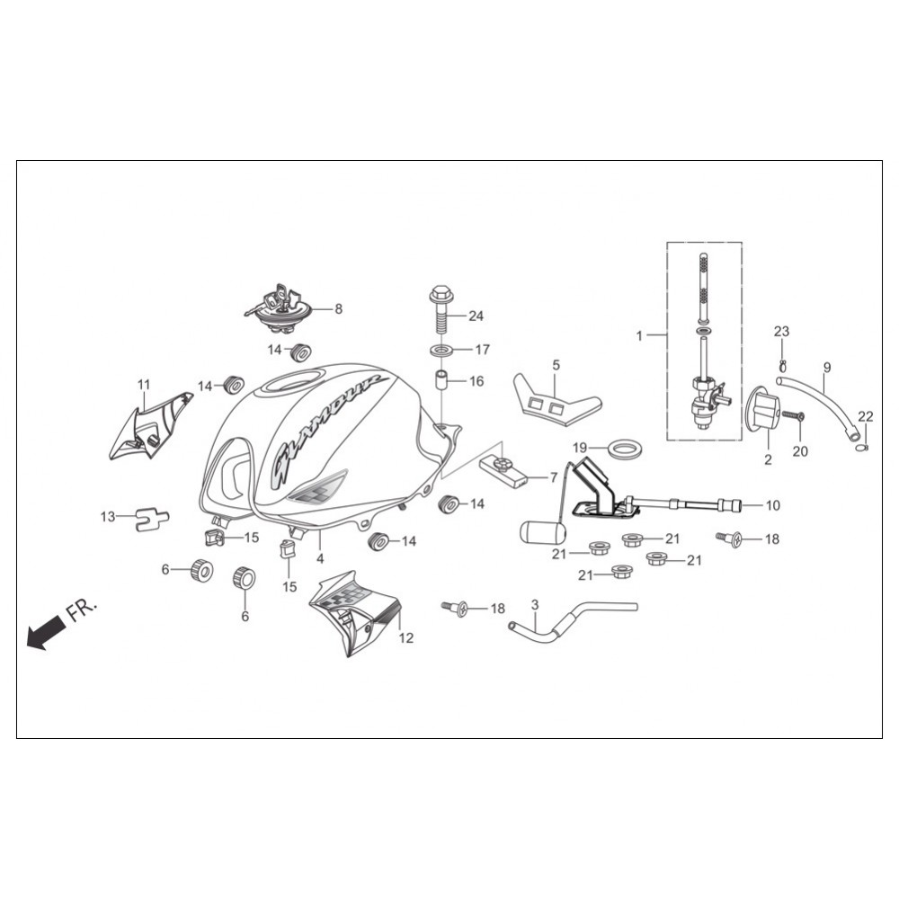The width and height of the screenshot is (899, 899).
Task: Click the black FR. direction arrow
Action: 46,631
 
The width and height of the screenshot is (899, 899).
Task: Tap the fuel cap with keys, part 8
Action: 278,309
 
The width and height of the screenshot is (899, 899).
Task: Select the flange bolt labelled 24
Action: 441,309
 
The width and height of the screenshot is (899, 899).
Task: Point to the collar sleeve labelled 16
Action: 441,382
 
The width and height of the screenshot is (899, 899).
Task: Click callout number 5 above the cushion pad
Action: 556,365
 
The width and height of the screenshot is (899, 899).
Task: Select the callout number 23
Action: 781,332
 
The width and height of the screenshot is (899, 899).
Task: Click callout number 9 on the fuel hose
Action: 826,367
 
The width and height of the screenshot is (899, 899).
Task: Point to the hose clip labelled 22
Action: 863,447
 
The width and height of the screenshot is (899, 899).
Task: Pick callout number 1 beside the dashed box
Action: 639,335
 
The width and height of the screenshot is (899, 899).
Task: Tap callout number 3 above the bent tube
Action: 535,605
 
